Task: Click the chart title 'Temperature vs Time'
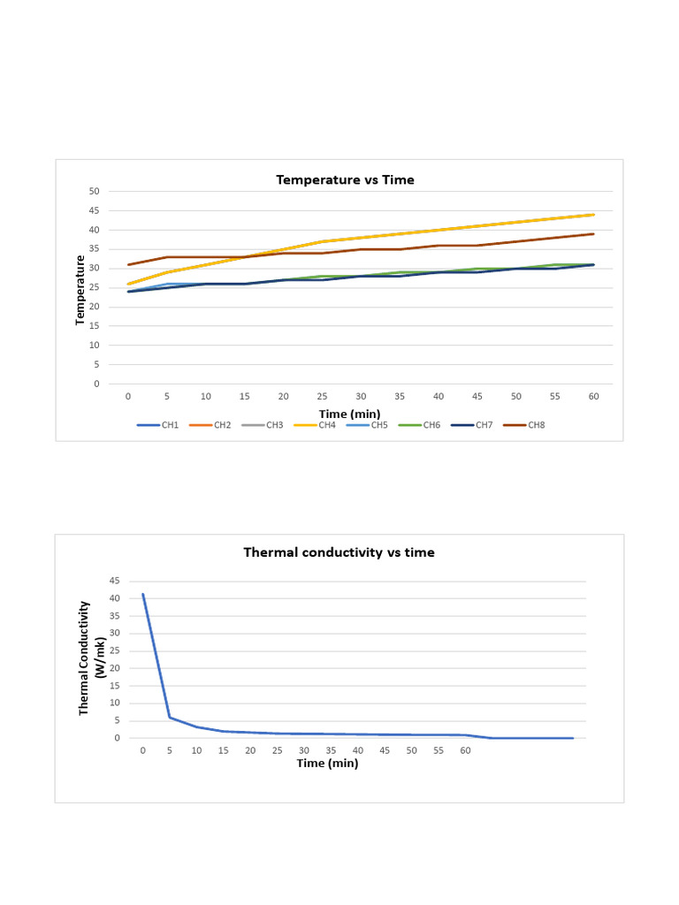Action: coord(345,179)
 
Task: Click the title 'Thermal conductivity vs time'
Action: coord(339,552)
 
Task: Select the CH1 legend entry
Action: coord(159,425)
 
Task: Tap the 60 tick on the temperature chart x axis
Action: coord(593,397)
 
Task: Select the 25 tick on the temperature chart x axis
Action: coord(322,397)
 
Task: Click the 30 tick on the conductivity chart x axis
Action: coord(304,750)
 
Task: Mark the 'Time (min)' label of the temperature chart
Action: coord(350,414)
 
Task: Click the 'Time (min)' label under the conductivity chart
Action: coord(327,764)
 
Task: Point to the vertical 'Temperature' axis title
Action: coord(80,290)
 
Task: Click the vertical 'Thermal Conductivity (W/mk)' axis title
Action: coord(92,658)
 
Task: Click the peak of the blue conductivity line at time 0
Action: coord(143,594)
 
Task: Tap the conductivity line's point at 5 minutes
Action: coord(170,717)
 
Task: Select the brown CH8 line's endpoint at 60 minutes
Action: coord(593,234)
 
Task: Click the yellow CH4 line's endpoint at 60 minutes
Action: coord(593,215)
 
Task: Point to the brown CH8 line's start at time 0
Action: coord(128,264)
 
